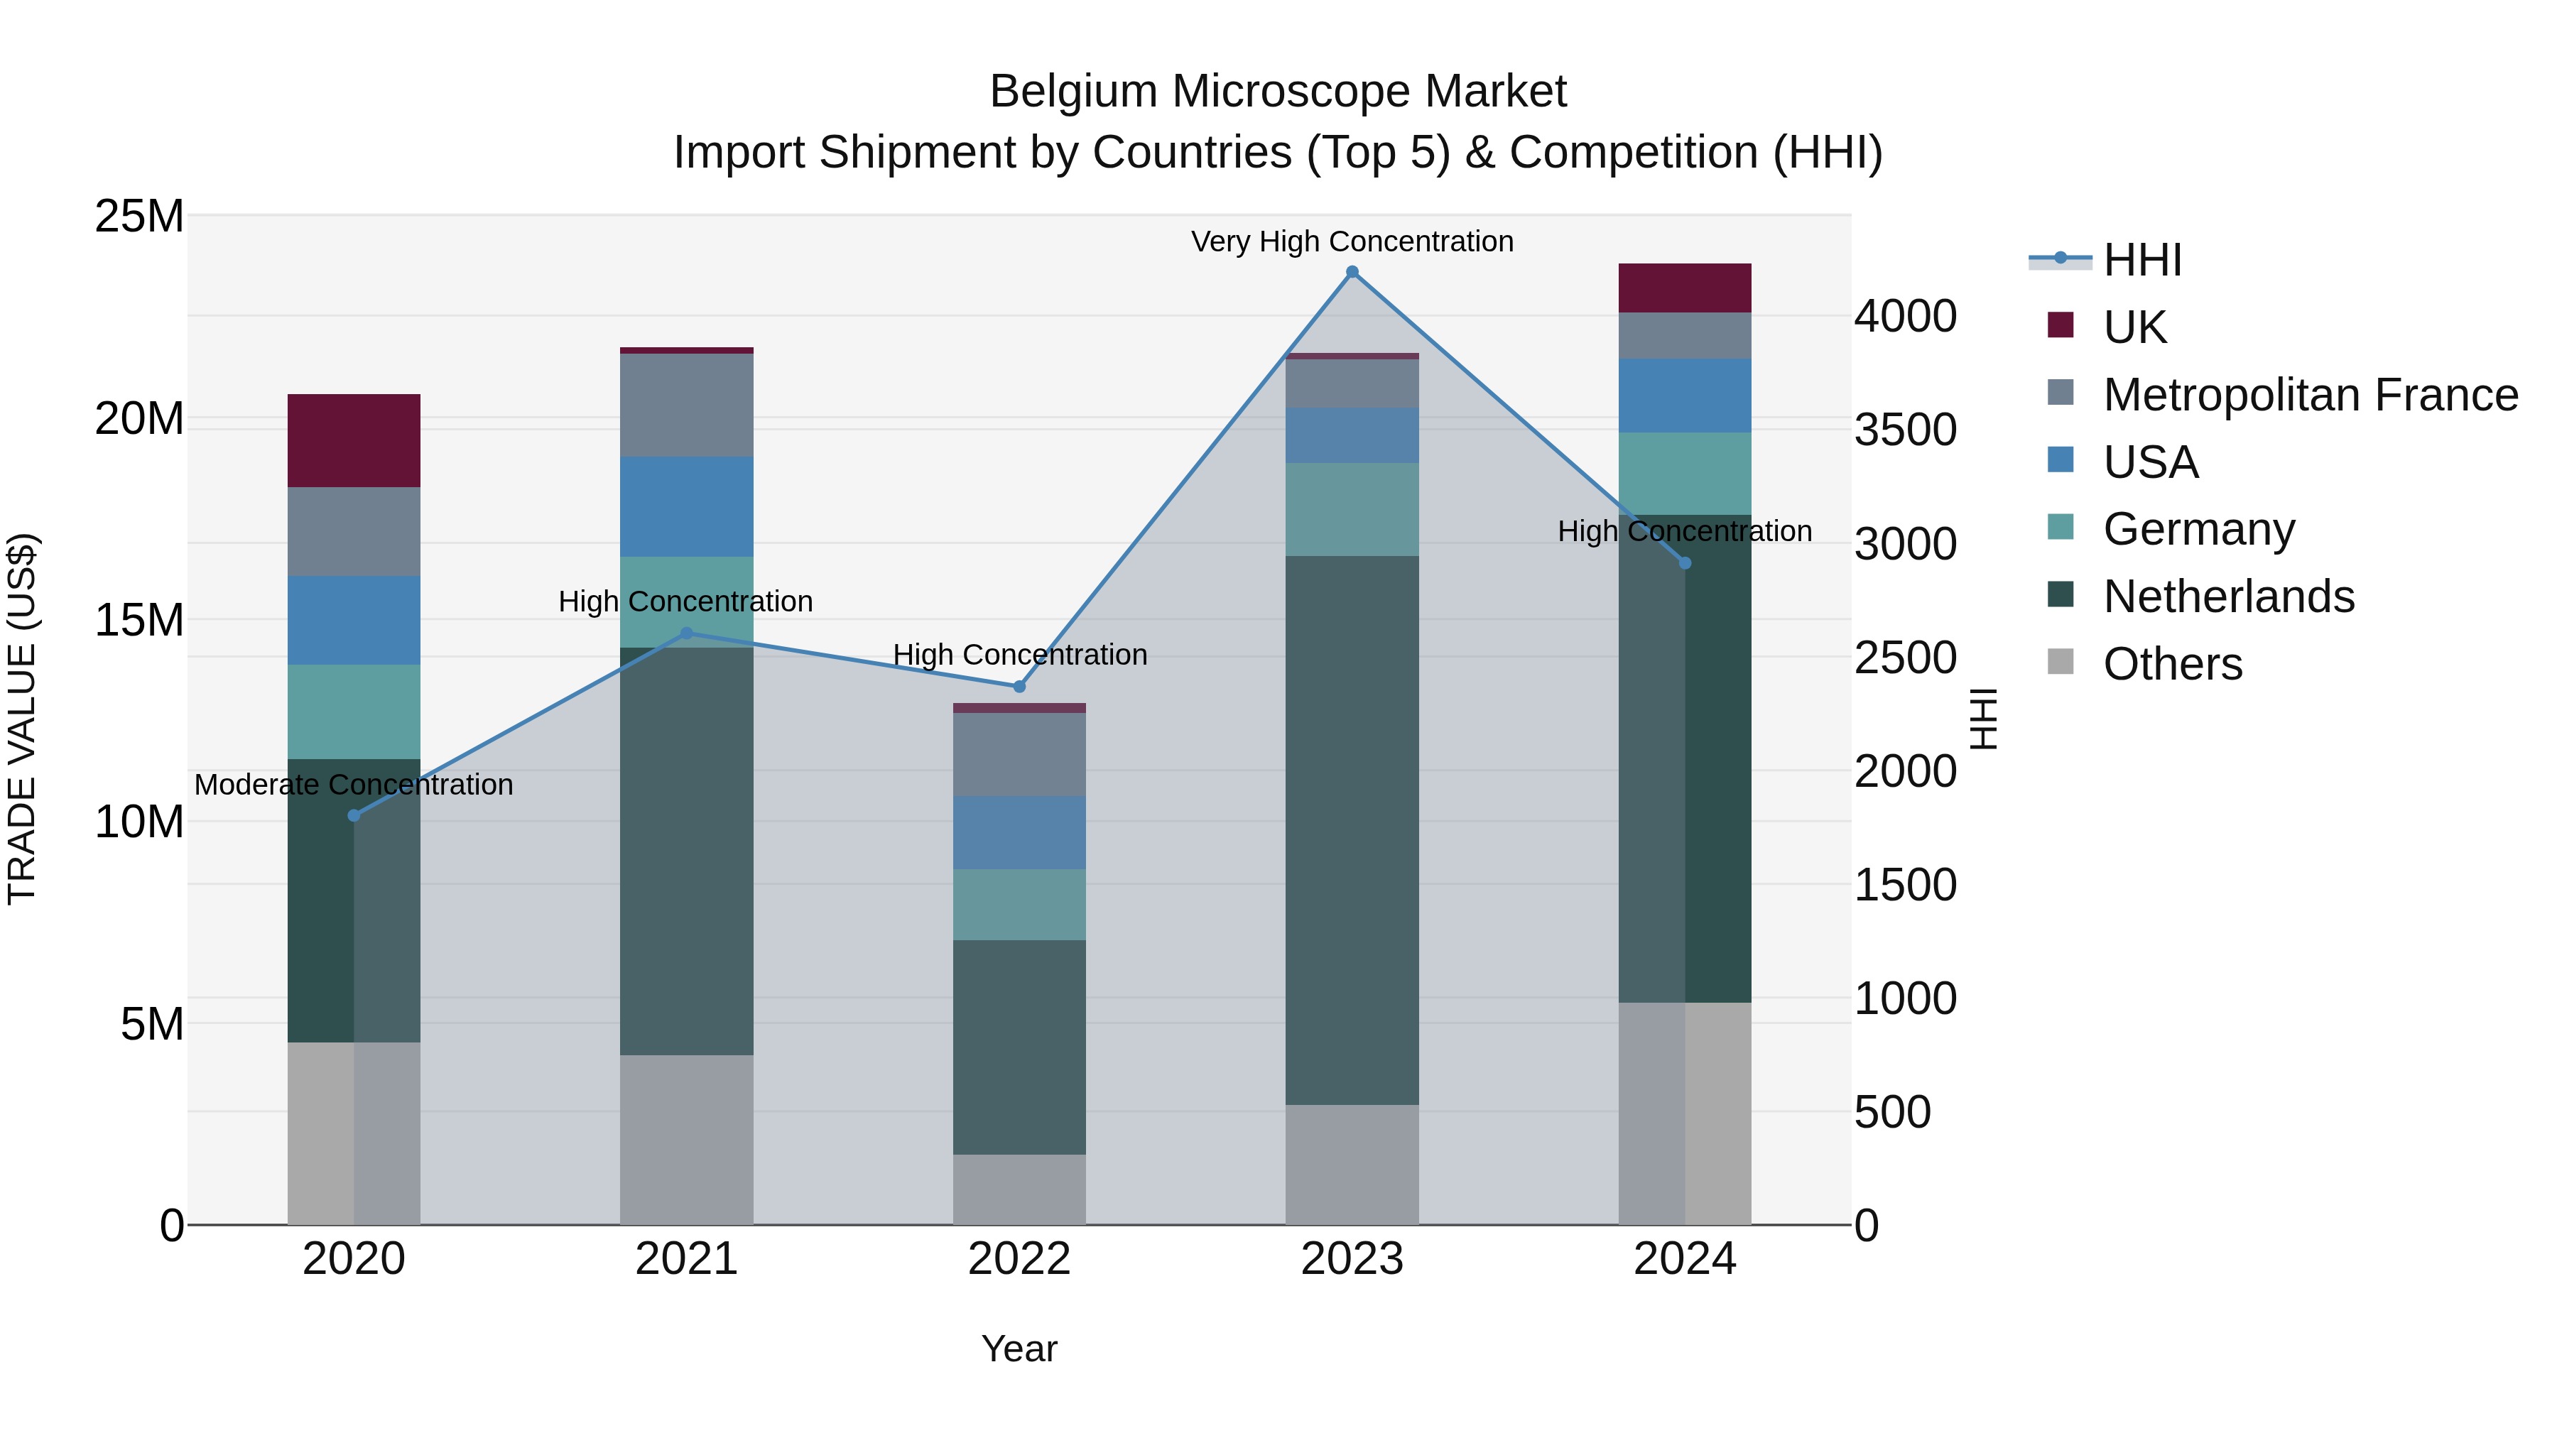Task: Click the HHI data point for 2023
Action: pyautogui.click(x=1352, y=272)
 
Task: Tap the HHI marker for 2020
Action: pyautogui.click(x=354, y=816)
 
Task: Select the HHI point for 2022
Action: pyautogui.click(x=1019, y=687)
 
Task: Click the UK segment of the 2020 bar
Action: pyautogui.click(x=354, y=440)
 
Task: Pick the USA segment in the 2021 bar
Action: pyautogui.click(x=687, y=506)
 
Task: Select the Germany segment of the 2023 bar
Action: pyautogui.click(x=1352, y=509)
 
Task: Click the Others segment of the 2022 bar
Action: pyautogui.click(x=1019, y=1189)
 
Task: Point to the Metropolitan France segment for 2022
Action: pyautogui.click(x=1019, y=754)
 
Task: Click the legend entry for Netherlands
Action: pyautogui.click(x=2227, y=597)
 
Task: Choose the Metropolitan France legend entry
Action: pyautogui.click(x=2309, y=395)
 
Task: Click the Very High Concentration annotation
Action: pyautogui.click(x=1352, y=241)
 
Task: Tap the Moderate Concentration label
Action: pyautogui.click(x=354, y=785)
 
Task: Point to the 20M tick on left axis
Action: pyautogui.click(x=139, y=419)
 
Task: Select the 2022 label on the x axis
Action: pyautogui.click(x=1019, y=1259)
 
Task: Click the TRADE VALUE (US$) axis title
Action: pyautogui.click(x=22, y=719)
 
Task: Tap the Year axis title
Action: pyautogui.click(x=1019, y=1349)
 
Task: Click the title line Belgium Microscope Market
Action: pyautogui.click(x=1278, y=92)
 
